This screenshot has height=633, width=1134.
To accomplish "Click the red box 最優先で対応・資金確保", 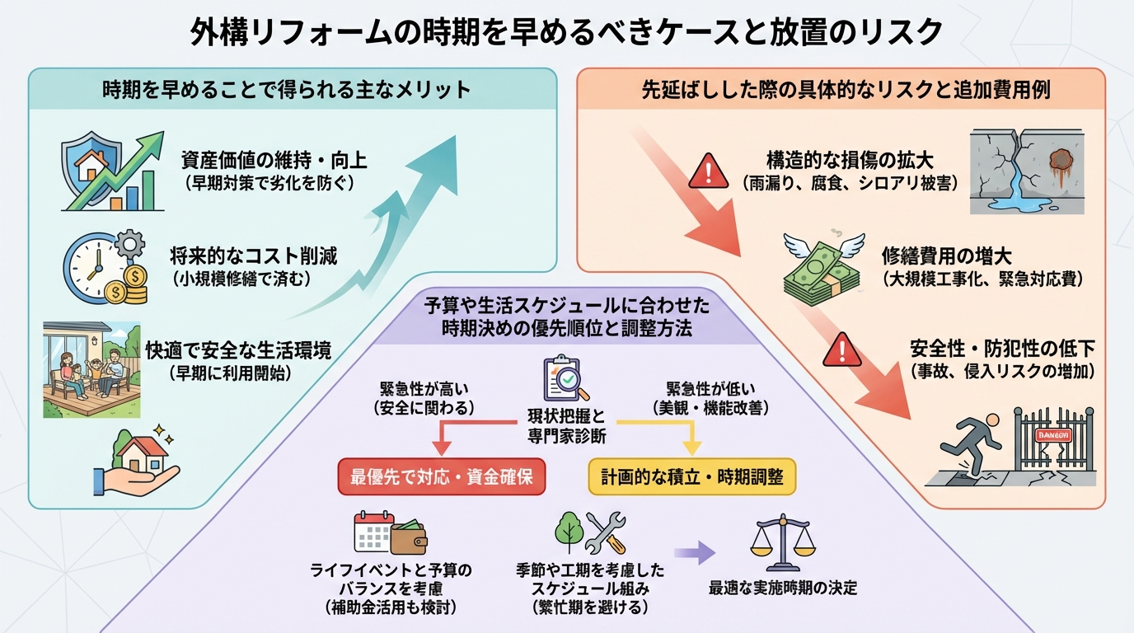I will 442,476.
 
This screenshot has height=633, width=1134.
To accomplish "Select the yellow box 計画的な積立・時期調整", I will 692,476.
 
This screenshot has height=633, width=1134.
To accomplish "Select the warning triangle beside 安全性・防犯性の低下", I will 841,350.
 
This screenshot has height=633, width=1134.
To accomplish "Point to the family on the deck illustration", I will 91,369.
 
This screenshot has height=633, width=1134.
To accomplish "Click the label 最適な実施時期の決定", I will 782,588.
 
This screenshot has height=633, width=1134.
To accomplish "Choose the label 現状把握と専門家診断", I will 566,424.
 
